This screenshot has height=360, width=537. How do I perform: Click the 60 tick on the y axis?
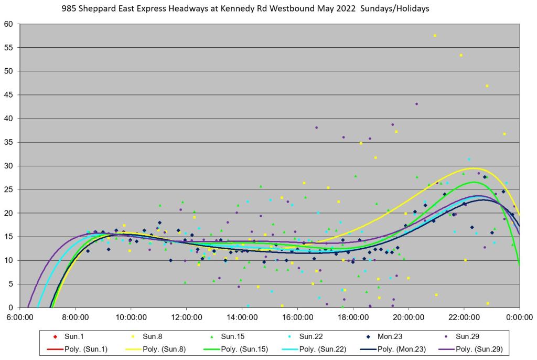[x=9, y=24]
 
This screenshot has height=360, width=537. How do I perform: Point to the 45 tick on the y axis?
[x=9, y=95]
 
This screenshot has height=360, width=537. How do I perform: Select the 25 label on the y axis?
[x=9, y=189]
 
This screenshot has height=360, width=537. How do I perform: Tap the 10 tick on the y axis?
[x=9, y=260]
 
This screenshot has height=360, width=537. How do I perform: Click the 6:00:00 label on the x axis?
[x=20, y=317]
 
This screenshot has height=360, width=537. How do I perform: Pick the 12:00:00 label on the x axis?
[x=187, y=317]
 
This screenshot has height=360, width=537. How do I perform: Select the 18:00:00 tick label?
[x=353, y=317]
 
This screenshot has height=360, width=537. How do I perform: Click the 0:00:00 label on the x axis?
[x=519, y=317]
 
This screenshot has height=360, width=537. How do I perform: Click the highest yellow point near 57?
[x=435, y=36]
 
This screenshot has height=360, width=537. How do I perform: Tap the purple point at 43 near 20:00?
[x=416, y=104]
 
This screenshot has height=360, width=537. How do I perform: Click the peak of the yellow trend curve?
[x=474, y=168]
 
